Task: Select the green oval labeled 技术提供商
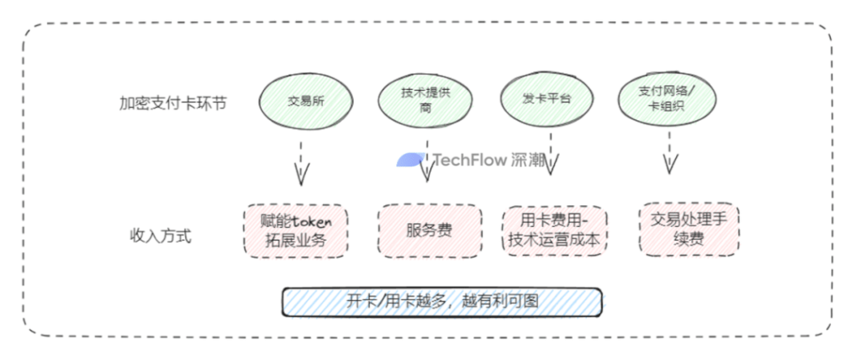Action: point(425,100)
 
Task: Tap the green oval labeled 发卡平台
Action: point(547,99)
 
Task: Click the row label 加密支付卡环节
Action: point(172,104)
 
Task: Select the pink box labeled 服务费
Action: point(429,230)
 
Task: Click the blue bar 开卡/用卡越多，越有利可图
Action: point(441,302)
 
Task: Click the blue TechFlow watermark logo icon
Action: point(412,160)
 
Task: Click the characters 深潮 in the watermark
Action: point(527,160)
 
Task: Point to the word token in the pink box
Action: point(311,221)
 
